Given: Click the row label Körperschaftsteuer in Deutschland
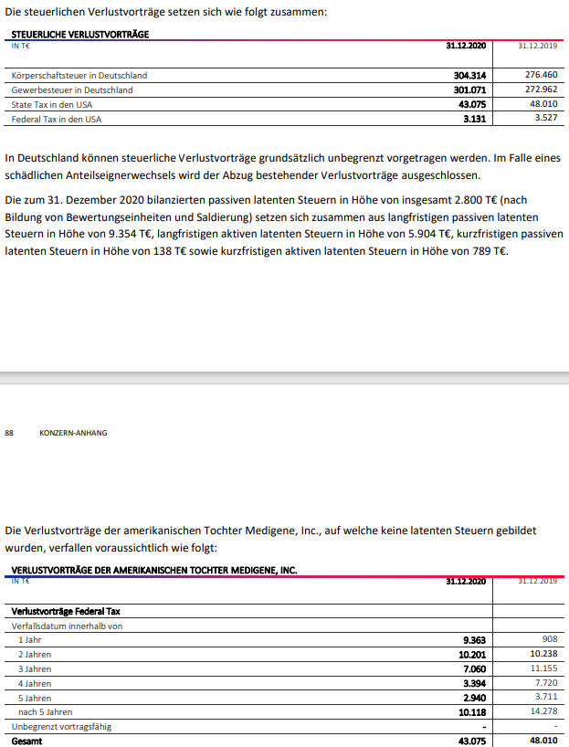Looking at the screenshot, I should click(x=79, y=75).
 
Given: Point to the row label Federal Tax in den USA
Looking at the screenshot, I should click(x=57, y=119).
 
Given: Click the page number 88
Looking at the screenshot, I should click(x=10, y=433).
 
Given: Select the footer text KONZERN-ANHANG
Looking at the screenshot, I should click(x=73, y=433).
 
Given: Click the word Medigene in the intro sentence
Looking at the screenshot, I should click(x=298, y=530).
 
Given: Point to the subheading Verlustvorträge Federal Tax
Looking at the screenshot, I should click(x=68, y=610).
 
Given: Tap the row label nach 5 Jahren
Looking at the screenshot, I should click(x=45, y=711).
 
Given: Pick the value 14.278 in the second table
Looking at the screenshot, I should click(x=543, y=711).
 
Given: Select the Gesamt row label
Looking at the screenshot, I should click(x=26, y=741).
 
